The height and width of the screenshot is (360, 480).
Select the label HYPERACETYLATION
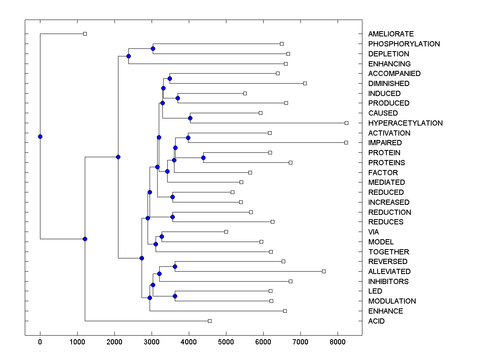(x=405, y=123)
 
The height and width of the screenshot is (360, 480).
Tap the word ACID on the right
(x=376, y=321)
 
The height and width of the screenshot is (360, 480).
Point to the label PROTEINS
(x=386, y=163)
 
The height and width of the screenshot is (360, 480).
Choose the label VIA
(x=374, y=232)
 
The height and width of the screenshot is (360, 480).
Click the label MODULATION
(x=392, y=301)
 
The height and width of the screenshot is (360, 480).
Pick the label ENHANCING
(x=389, y=64)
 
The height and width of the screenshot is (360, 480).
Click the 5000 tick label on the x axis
(x=226, y=342)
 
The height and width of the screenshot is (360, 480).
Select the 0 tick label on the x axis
(x=40, y=342)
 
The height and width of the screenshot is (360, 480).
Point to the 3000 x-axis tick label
(x=152, y=342)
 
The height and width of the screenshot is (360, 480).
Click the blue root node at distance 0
(x=40, y=136)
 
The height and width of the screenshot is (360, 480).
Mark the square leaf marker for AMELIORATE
(x=85, y=34)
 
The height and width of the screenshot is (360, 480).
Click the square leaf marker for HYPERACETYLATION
(x=346, y=123)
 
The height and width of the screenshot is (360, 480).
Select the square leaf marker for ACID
(x=210, y=321)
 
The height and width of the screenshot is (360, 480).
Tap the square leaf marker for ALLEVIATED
(x=324, y=271)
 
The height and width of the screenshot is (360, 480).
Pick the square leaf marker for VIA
(x=226, y=232)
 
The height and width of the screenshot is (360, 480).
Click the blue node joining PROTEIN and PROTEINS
(x=203, y=158)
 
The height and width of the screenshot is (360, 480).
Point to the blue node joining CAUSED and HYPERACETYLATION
(x=190, y=118)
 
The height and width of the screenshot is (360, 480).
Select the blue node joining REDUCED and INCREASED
(x=172, y=197)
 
